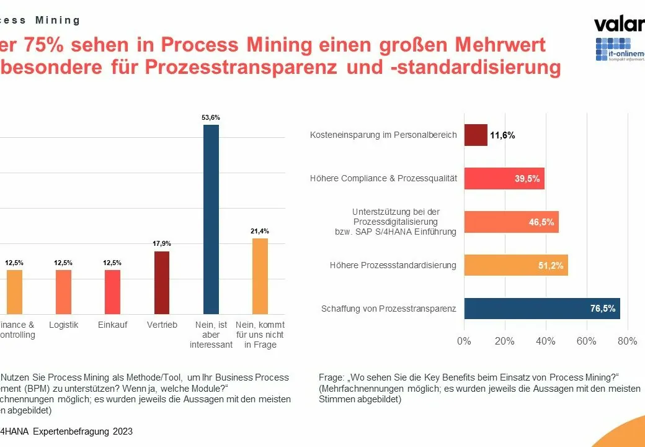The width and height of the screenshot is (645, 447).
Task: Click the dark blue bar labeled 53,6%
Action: tap(211, 219)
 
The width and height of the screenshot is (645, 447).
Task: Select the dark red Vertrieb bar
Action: tap(161, 282)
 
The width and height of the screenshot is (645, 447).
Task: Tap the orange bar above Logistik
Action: tap(63, 292)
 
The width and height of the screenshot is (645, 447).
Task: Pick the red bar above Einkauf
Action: tap(112, 292)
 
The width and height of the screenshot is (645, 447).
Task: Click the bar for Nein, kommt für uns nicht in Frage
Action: tap(260, 276)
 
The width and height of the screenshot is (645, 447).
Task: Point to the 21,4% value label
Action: tap(260, 231)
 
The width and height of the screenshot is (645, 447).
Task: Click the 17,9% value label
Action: tap(161, 244)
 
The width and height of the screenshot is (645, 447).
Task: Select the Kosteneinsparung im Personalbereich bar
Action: tap(476, 135)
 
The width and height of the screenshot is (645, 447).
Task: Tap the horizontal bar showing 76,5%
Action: tap(541, 309)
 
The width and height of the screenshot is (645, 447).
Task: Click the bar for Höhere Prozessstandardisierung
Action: tap(515, 265)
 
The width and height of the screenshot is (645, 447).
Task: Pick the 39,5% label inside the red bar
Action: tap(527, 179)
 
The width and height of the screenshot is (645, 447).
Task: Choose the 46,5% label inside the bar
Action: tap(541, 222)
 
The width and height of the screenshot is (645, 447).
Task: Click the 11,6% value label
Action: tap(502, 135)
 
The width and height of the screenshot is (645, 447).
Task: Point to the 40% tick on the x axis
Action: tap(546, 341)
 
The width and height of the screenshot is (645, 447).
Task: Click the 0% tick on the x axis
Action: tap(464, 341)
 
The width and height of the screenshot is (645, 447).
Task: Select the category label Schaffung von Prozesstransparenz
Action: tap(389, 309)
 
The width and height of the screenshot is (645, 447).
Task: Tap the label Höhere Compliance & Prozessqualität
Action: tap(383, 178)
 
